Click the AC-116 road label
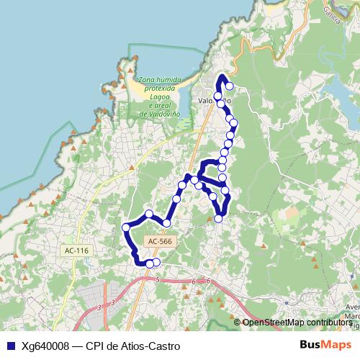76,251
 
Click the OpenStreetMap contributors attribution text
297,323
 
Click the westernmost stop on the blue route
127,228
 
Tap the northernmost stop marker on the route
230,88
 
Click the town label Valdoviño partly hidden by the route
213,102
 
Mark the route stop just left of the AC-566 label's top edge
166,223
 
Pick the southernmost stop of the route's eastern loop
219,218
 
